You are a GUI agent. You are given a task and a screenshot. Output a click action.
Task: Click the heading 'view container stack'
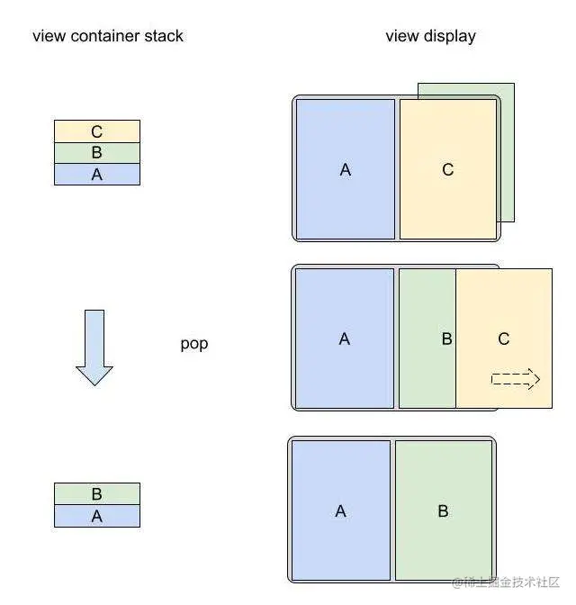tap(107, 37)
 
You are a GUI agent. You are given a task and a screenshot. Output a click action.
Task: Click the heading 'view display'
tap(430, 37)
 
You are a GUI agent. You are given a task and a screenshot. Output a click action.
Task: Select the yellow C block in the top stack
tap(97, 131)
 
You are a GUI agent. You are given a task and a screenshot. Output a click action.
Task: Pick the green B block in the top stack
tap(97, 153)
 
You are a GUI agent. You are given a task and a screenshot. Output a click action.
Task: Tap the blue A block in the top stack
tap(97, 175)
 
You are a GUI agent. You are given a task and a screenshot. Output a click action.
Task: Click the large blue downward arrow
tap(94, 348)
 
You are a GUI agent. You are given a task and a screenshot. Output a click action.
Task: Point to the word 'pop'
tap(194, 344)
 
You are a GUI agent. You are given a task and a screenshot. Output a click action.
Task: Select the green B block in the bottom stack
tap(97, 494)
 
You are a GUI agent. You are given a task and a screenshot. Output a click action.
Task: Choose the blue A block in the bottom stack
tap(97, 516)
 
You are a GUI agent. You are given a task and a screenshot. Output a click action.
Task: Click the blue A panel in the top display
tap(345, 169)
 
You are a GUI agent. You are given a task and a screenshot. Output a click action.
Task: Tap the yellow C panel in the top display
tap(447, 169)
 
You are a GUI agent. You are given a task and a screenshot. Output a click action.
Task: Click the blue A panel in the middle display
tap(345, 339)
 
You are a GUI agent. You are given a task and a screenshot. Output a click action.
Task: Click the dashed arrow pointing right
tap(515, 379)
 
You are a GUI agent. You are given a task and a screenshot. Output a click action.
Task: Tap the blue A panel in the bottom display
tap(340, 510)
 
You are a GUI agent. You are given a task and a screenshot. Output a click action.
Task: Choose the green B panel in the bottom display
tap(443, 510)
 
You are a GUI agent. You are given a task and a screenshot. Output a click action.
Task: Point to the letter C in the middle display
tap(504, 339)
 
